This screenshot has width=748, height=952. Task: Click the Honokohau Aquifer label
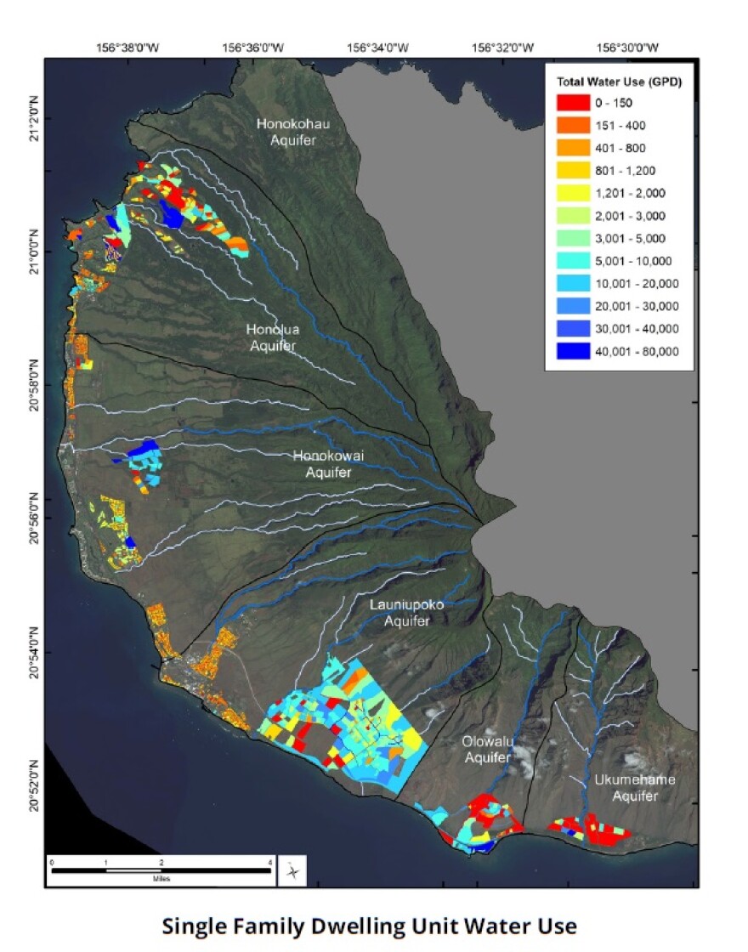tap(292, 132)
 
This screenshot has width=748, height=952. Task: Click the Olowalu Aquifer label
tap(487, 749)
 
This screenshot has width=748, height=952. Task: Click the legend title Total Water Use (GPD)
tap(619, 82)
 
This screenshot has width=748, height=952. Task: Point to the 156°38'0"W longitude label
tap(130, 48)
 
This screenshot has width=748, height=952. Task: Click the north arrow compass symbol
tap(292, 870)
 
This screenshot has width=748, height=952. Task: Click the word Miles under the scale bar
tap(160, 879)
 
